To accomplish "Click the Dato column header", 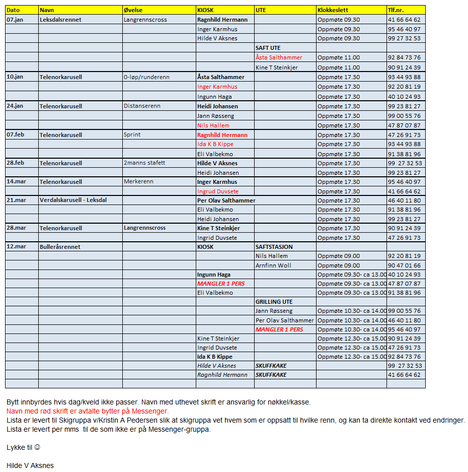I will click(x=13, y=10).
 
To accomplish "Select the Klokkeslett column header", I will click(x=333, y=10).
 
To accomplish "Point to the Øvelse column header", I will click(x=133, y=10).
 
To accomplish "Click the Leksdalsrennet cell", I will click(x=60, y=20).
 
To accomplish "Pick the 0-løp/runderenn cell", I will click(x=146, y=77).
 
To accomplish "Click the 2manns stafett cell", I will click(x=144, y=163).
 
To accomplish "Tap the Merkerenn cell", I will click(x=138, y=182).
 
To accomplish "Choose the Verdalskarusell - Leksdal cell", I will click(x=73, y=200).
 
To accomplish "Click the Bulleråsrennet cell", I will click(x=60, y=247).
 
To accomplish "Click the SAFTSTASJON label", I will click(x=274, y=247).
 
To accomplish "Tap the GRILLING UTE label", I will click(x=274, y=302).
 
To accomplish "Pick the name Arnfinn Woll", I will click(x=273, y=265).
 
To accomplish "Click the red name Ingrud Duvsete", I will click(x=218, y=191).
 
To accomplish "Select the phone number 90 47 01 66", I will click(x=404, y=265).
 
